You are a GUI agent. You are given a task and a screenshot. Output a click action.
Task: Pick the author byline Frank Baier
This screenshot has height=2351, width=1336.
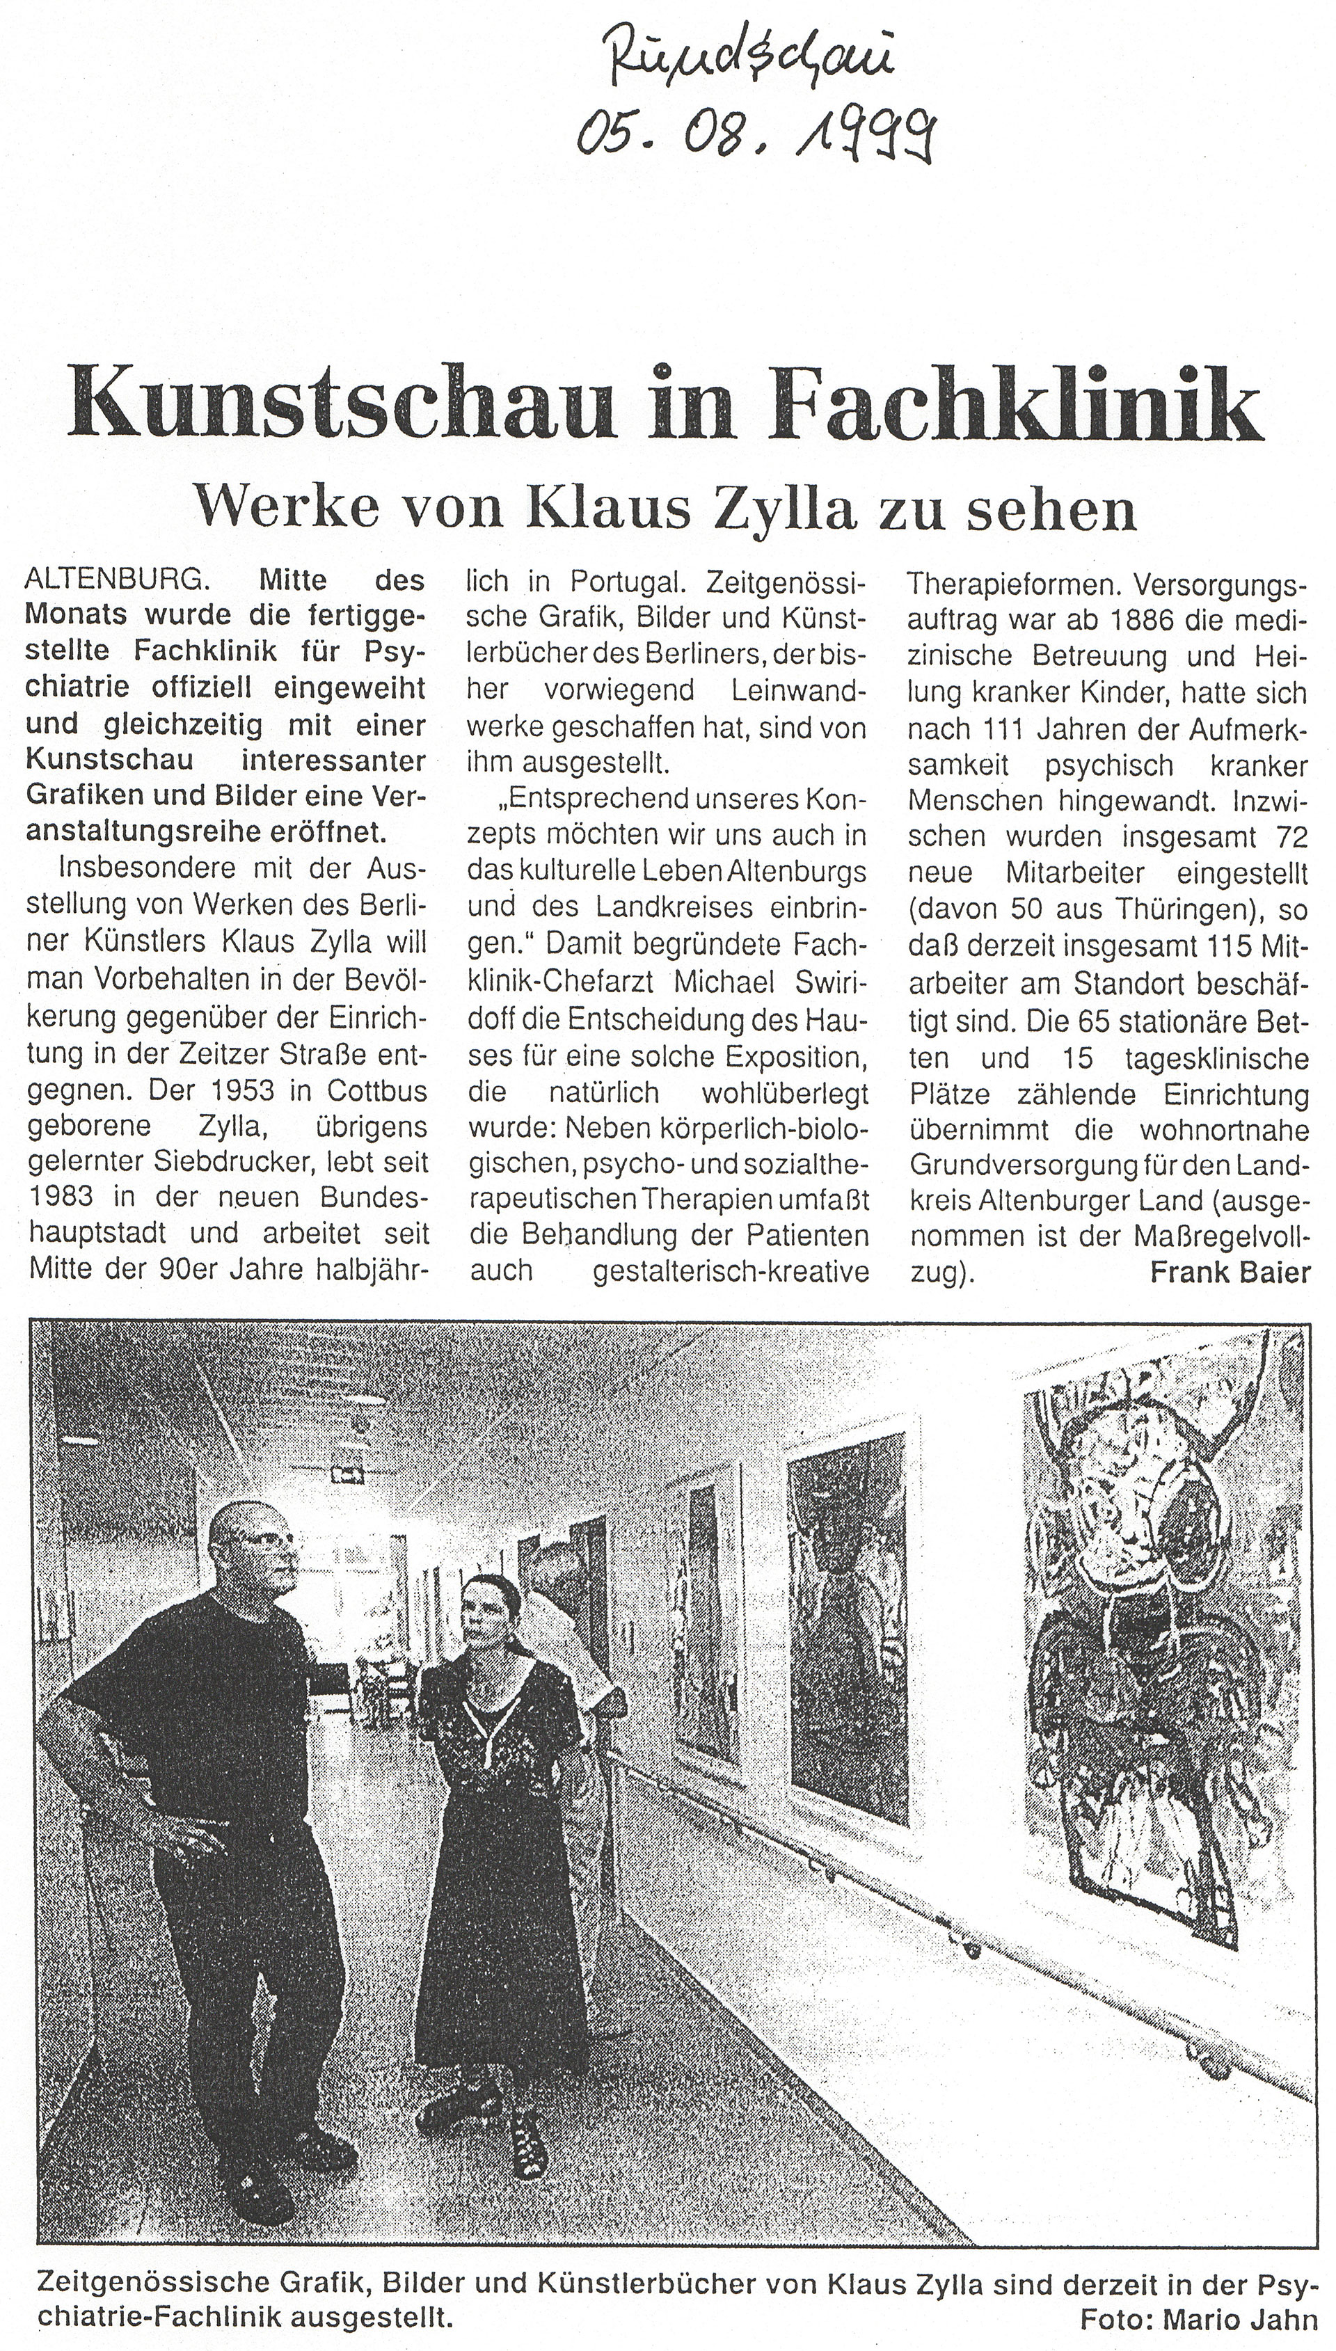click(1230, 1273)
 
